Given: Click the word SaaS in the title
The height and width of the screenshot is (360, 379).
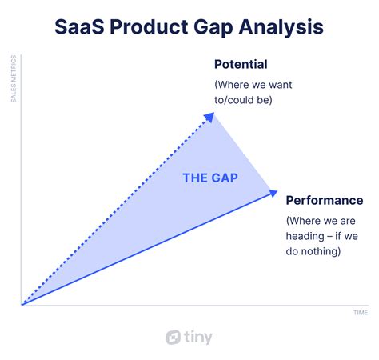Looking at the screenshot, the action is point(79,27).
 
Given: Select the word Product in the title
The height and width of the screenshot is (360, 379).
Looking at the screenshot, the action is point(149,27).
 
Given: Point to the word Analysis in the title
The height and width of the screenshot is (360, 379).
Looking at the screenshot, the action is point(281,28).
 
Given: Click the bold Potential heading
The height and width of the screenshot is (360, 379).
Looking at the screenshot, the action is point(241,64).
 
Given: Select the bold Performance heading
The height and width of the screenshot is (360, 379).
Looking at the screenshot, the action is point(325,201).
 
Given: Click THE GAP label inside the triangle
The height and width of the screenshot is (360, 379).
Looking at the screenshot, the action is point(210,178).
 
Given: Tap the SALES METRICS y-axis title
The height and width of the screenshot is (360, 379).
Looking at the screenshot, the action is point(14,78).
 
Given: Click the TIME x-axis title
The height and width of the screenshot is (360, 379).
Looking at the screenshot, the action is point(361,313).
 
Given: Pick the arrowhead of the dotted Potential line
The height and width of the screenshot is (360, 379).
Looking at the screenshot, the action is point(209,117).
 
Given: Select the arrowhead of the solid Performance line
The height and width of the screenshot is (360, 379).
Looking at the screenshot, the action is point(273,193).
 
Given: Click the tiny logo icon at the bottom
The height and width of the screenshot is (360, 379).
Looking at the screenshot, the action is point(174,337).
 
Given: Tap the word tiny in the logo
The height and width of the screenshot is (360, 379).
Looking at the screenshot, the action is point(198,338).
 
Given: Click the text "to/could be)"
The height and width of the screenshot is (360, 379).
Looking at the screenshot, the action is point(243,100).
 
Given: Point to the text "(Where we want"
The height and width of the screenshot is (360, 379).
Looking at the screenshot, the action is point(253,85).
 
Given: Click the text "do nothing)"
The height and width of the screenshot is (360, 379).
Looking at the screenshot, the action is point(313,251).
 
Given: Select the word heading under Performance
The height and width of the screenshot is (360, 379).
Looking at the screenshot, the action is point(305,236).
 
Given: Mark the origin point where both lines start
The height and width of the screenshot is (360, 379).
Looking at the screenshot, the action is point(22,305).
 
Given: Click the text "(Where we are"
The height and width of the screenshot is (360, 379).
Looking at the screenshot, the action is point(321,221).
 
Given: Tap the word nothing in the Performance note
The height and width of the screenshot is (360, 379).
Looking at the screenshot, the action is point(321,251).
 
